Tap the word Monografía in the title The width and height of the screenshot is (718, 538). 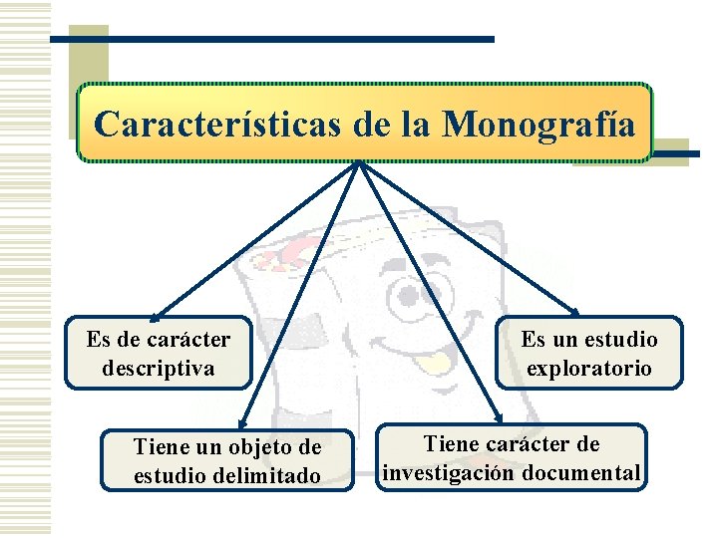[x=538, y=125]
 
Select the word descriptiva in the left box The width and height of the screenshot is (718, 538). [x=158, y=368]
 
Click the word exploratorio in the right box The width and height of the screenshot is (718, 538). [x=589, y=368]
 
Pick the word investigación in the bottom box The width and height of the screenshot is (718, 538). [x=460, y=472]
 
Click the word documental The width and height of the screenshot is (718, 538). [x=589, y=472]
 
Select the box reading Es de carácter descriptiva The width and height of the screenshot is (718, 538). [x=158, y=353]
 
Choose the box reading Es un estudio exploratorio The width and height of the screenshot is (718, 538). [x=589, y=353]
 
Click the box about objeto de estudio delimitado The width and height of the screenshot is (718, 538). [x=227, y=460]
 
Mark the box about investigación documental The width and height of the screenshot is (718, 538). [x=512, y=458]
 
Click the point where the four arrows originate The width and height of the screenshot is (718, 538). [x=358, y=163]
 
